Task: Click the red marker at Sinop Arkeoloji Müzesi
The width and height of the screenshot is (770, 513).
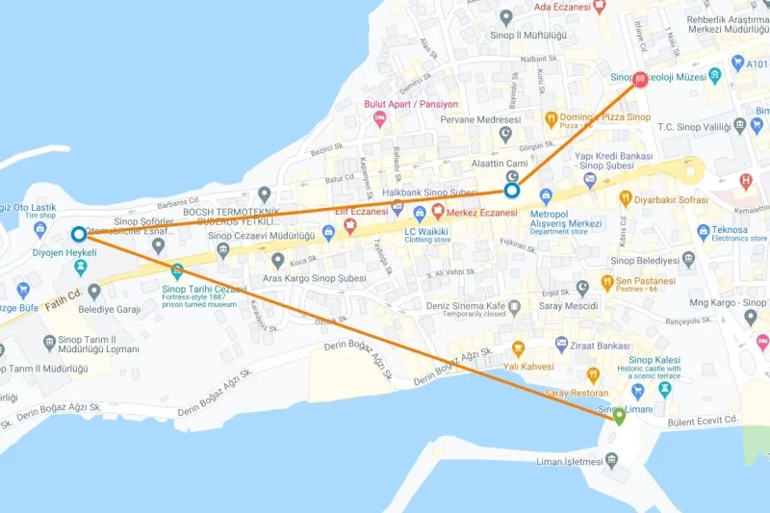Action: click(x=640, y=80)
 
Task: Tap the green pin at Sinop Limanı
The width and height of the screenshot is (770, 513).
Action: click(x=619, y=416)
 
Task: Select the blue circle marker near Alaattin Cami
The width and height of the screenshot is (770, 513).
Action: click(x=513, y=191)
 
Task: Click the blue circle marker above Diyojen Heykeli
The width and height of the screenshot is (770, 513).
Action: click(x=78, y=234)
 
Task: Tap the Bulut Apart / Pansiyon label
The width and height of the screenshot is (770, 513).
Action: click(x=410, y=104)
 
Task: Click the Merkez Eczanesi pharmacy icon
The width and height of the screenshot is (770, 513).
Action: click(x=437, y=211)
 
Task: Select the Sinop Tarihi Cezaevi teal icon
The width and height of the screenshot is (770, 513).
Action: click(x=177, y=271)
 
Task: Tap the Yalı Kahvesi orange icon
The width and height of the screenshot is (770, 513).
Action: click(x=519, y=348)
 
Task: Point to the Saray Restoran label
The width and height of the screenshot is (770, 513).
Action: click(x=577, y=394)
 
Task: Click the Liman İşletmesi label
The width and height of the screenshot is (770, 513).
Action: click(x=570, y=461)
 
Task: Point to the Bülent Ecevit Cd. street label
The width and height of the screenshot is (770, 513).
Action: click(x=704, y=422)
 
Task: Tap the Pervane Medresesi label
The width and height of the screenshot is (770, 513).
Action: click(x=479, y=119)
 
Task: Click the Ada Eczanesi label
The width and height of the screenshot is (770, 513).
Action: click(x=561, y=7)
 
